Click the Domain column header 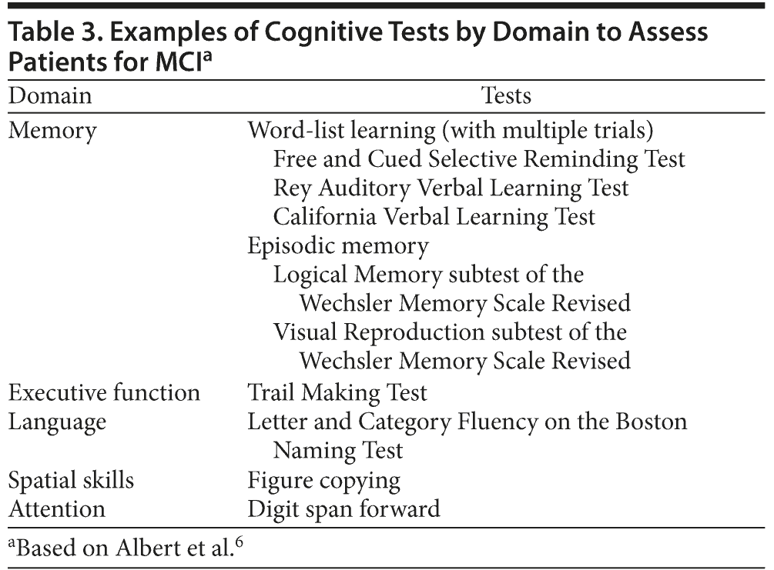(50, 95)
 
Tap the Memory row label (52, 131)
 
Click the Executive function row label (104, 392)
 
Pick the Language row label (57, 422)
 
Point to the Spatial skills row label (71, 480)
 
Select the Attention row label (56, 508)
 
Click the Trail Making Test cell (337, 392)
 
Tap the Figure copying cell (323, 481)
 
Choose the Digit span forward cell (343, 508)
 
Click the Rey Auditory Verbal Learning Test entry (451, 188)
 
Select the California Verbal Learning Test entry (434, 217)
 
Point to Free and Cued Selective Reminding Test (479, 159)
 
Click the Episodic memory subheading (337, 246)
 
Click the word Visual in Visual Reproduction (304, 332)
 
